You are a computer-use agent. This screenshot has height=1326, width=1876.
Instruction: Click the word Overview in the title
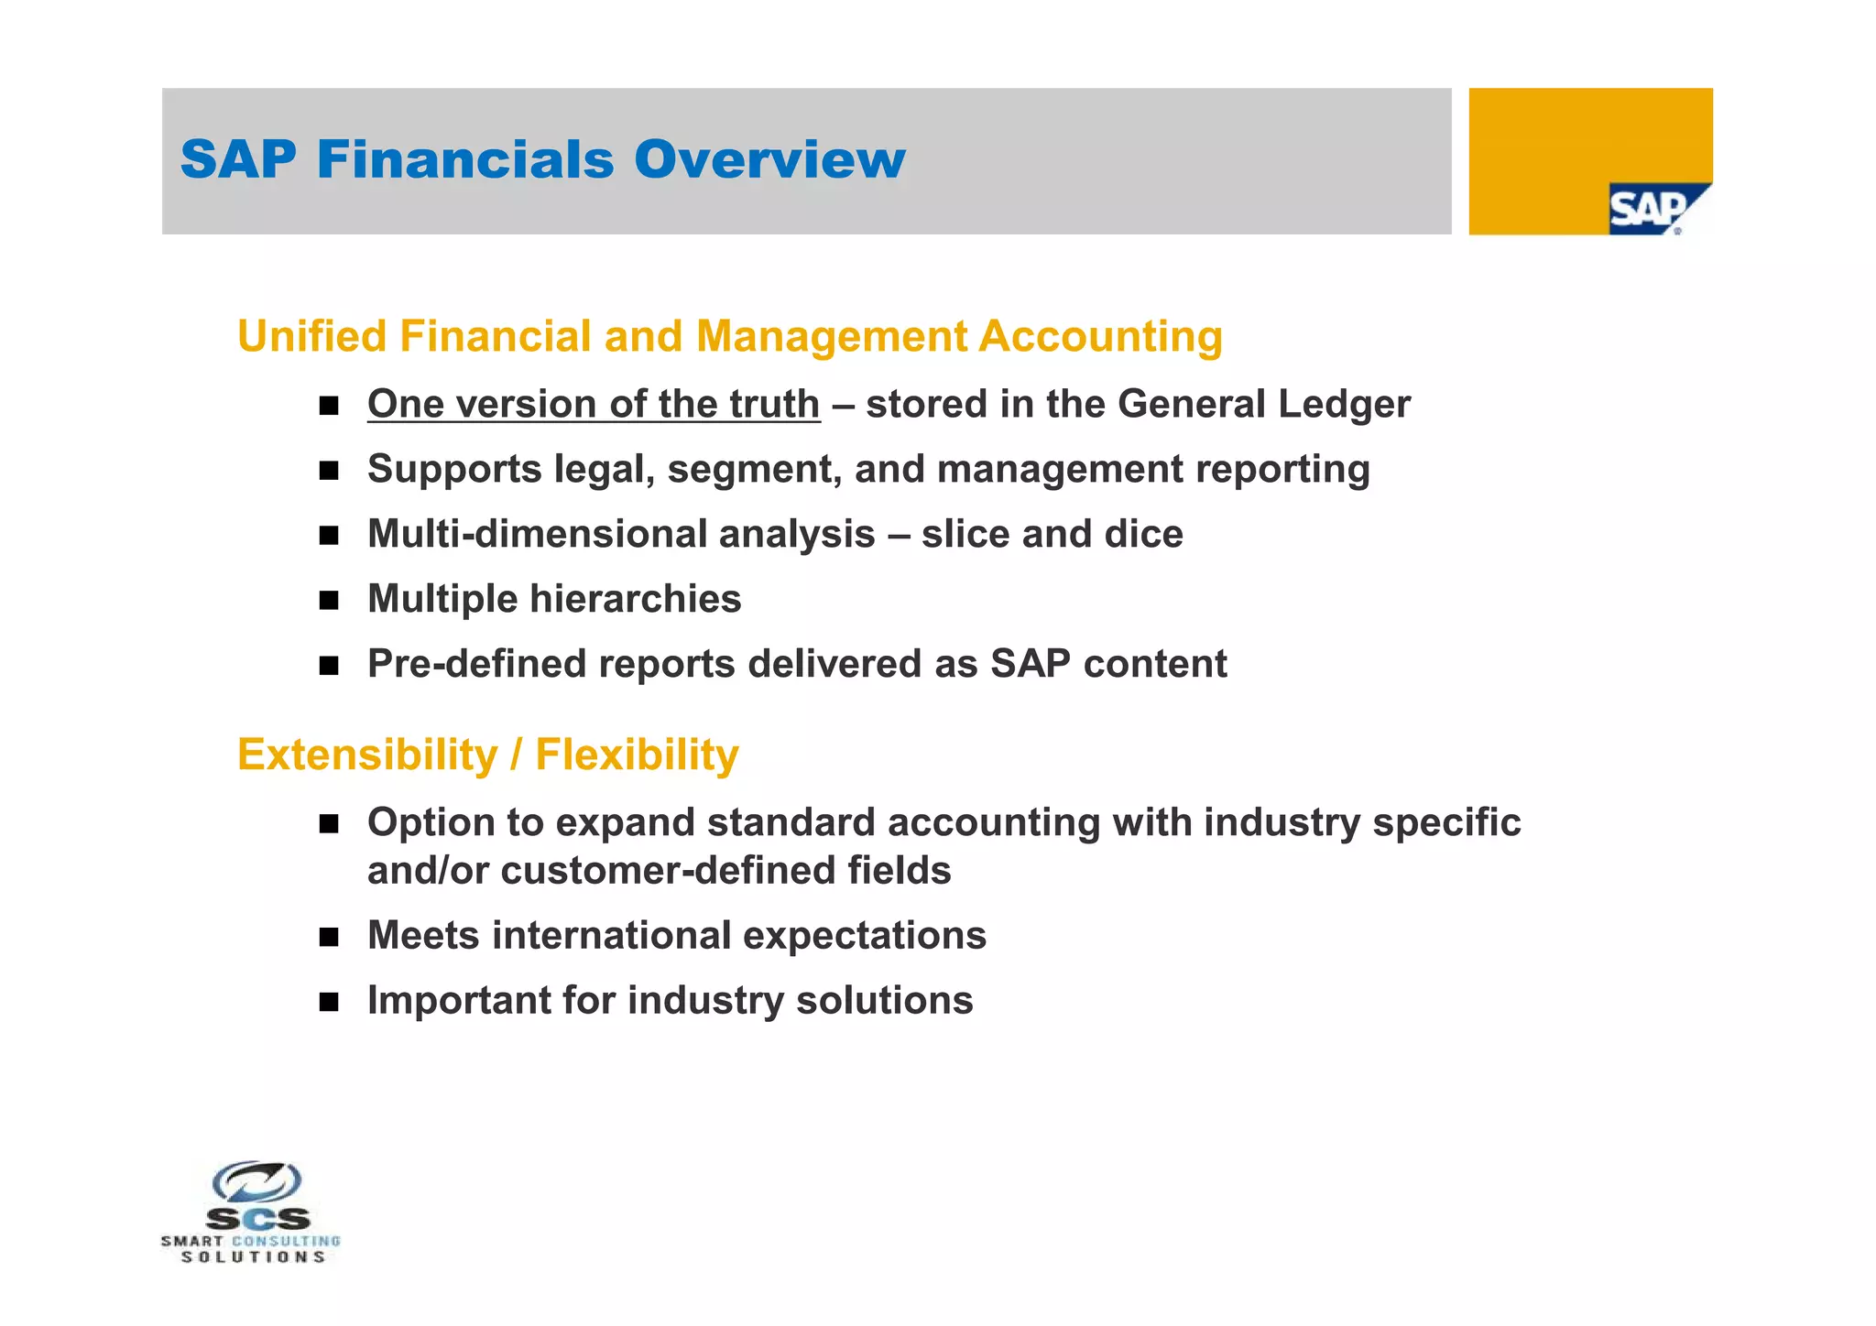(769, 159)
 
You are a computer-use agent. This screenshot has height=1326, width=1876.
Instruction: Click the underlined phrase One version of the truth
(594, 404)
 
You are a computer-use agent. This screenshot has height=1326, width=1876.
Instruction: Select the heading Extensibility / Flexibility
(487, 755)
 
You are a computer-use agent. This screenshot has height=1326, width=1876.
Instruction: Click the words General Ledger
(1264, 404)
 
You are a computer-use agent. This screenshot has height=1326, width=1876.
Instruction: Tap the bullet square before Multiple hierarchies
(329, 601)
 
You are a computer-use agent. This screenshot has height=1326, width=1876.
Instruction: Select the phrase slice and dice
(1052, 534)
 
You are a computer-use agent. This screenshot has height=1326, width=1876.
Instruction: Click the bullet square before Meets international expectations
(329, 937)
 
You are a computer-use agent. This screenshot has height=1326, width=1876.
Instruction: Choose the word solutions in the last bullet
(884, 1000)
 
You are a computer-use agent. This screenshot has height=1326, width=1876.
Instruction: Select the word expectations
(864, 935)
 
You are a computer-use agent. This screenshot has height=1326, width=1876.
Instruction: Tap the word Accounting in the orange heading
(1100, 336)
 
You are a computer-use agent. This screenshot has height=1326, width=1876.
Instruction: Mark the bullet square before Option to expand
(329, 824)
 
